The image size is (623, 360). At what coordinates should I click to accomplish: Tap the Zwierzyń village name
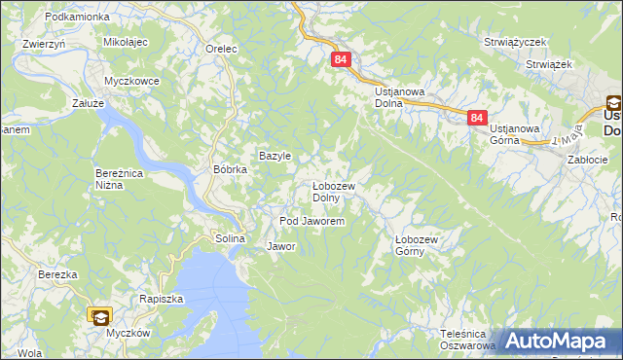click(43, 44)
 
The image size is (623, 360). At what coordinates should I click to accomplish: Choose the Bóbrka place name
click(231, 168)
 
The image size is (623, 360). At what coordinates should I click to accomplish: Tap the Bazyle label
click(275, 156)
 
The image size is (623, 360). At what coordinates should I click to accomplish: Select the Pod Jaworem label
click(311, 222)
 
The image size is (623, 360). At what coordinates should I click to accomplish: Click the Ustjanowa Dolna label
click(401, 97)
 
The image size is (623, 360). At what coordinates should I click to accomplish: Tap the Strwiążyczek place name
click(516, 43)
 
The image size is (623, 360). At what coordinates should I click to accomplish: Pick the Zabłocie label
click(587, 160)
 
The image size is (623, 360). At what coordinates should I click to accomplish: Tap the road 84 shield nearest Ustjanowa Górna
click(476, 118)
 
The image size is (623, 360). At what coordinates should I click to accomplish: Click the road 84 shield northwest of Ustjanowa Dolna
click(340, 60)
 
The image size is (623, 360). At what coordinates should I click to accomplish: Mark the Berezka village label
click(57, 275)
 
